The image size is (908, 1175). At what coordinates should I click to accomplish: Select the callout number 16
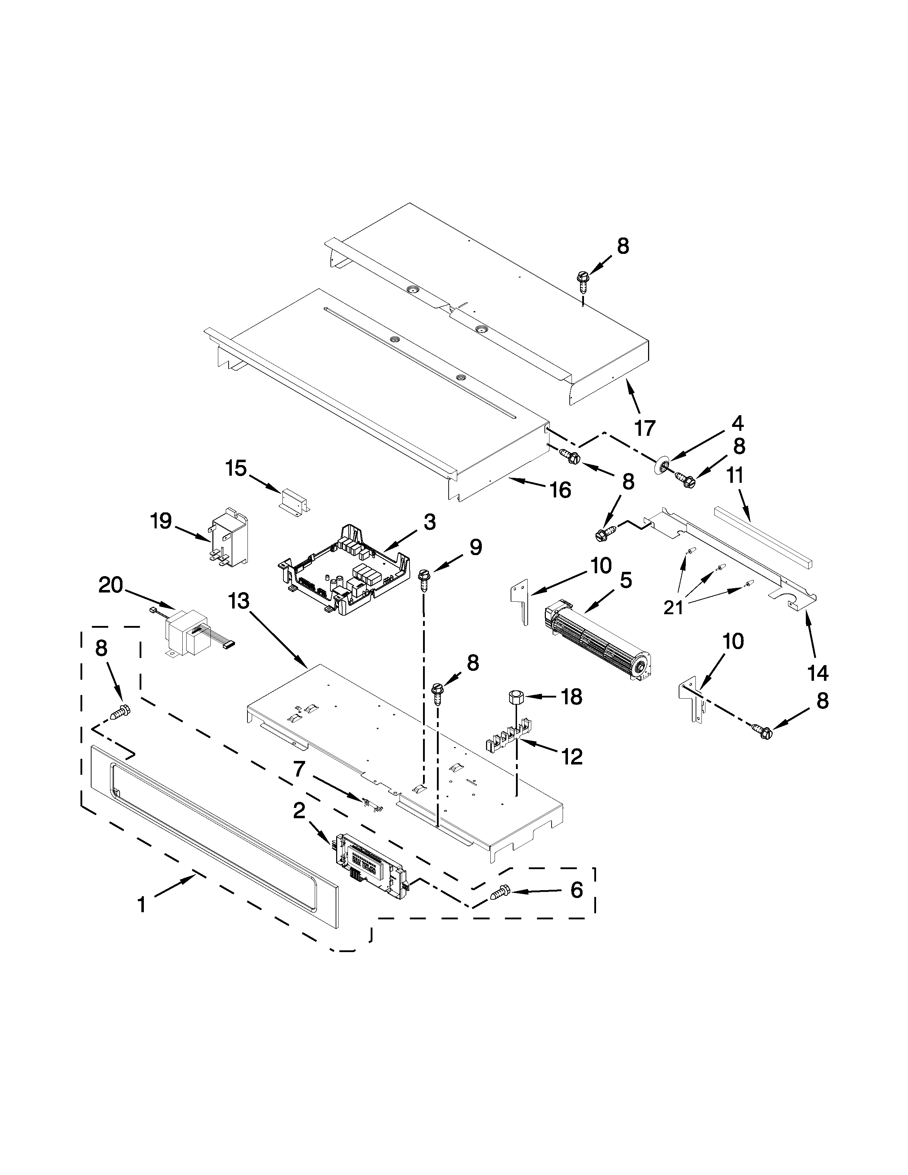(560, 490)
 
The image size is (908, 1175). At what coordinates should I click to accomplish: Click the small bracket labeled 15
(295, 501)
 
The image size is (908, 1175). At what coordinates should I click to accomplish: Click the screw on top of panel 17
(583, 278)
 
